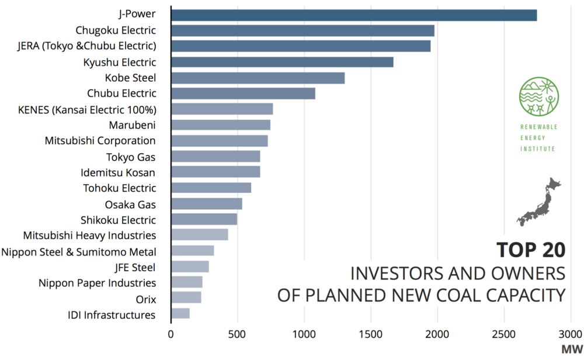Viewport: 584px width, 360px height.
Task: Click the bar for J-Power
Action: coord(354,15)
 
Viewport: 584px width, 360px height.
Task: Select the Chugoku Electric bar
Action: coord(303,31)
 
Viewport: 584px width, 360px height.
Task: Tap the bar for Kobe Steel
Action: coord(258,78)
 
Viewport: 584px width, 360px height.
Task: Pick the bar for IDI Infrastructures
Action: coord(180,314)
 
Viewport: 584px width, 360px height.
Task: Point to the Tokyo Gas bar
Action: coord(215,157)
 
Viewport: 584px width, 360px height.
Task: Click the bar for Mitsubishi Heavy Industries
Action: coord(200,236)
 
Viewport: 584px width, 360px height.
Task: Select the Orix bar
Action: coord(186,299)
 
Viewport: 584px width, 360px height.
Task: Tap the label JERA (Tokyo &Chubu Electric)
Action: coord(87,46)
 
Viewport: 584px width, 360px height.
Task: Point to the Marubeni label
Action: coord(132,125)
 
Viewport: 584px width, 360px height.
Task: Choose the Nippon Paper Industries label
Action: coord(97,283)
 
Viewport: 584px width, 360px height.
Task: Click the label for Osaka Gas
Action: coord(130,204)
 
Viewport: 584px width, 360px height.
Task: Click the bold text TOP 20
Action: coord(530,250)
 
